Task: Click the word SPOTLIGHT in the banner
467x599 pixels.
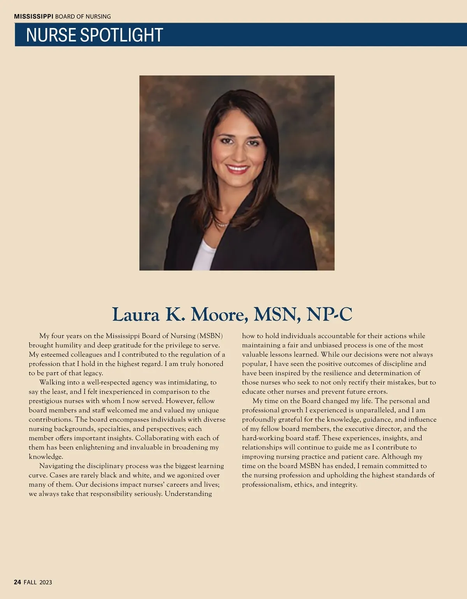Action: [x=121, y=35]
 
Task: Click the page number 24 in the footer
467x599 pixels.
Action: [x=17, y=582]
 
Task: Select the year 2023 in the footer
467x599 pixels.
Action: [x=46, y=582]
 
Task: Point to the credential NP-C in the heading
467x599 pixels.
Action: [x=329, y=314]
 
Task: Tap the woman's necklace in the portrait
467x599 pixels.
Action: [x=222, y=225]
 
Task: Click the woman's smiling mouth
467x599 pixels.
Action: [x=237, y=169]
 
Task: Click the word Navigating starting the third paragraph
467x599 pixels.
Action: [x=56, y=466]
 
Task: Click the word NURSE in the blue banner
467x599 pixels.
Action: [x=51, y=35]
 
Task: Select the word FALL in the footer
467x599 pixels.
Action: [x=30, y=582]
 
